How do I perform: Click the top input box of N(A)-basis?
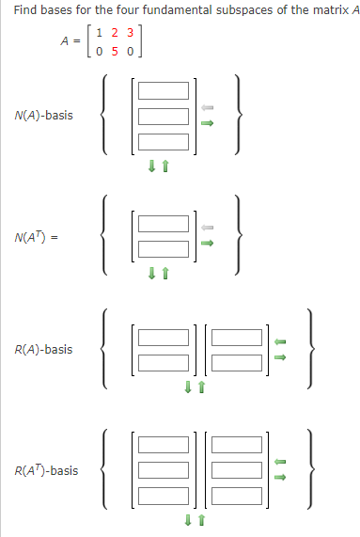click(164, 94)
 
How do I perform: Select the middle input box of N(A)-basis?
click(164, 118)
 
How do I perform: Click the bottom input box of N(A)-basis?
click(164, 141)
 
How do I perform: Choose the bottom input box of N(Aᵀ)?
click(164, 248)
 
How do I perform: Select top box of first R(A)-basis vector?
click(164, 337)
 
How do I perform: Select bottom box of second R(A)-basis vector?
click(234, 361)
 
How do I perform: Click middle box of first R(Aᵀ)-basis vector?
click(164, 470)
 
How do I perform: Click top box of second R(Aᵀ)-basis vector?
click(234, 447)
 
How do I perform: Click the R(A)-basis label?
click(43, 349)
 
